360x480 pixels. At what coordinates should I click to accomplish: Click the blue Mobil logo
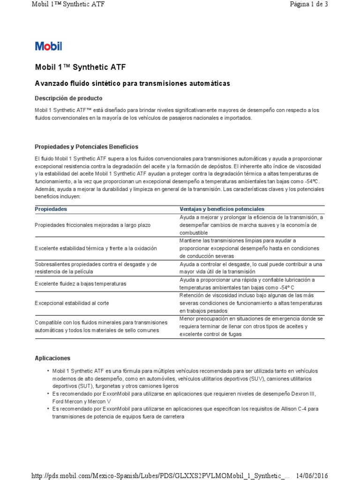[48, 46]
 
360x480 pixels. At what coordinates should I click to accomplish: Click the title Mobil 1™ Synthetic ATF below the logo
[80, 67]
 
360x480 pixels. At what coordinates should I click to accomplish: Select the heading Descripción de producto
[68, 98]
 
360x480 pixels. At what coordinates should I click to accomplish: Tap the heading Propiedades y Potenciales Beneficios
[87, 147]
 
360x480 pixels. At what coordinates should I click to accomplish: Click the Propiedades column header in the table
[51, 209]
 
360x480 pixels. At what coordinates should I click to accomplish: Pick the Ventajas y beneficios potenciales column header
[222, 209]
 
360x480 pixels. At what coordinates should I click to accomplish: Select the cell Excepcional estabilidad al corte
[72, 303]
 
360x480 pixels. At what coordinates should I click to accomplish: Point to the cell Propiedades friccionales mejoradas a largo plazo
[93, 225]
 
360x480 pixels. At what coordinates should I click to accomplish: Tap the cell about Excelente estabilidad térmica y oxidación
[96, 248]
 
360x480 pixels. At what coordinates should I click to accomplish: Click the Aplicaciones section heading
[52, 358]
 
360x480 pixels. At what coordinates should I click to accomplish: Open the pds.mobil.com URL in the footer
[160, 475]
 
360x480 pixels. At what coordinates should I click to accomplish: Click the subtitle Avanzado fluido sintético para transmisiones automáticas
[133, 83]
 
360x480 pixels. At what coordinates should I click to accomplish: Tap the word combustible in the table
[195, 232]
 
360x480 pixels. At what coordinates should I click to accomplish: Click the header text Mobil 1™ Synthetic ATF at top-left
[68, 5]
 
